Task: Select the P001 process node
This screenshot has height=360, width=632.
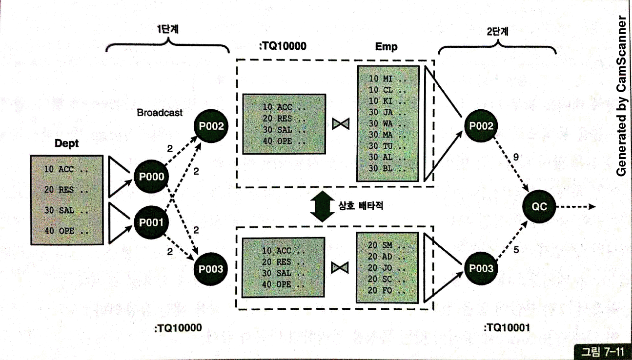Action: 150,223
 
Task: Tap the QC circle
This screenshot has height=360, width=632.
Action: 540,206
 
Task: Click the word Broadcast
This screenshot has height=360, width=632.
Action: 160,113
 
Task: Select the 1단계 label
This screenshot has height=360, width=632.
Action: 166,30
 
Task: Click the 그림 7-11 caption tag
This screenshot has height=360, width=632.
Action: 601,352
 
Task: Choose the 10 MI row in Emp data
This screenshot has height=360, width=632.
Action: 387,78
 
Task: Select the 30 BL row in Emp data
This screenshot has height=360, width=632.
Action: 387,169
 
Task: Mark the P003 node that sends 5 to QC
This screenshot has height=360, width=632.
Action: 481,268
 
